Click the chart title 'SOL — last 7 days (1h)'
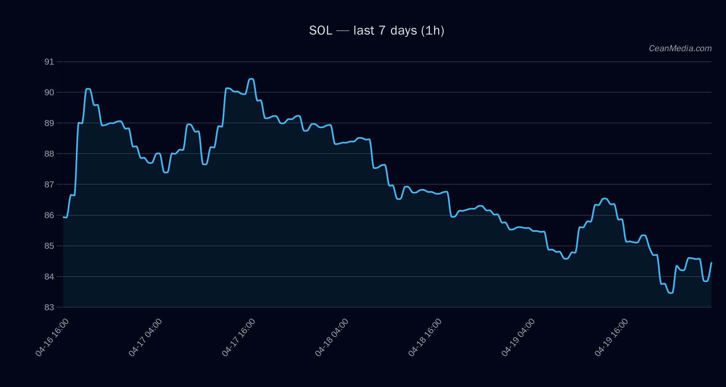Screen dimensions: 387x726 click(x=377, y=31)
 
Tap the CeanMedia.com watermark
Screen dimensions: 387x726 click(x=680, y=48)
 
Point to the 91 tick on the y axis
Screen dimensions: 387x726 click(x=49, y=62)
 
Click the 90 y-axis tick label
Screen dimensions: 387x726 click(x=49, y=92)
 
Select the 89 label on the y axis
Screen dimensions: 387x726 click(x=49, y=123)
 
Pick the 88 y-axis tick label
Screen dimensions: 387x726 click(x=49, y=154)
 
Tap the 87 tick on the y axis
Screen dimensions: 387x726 click(x=49, y=184)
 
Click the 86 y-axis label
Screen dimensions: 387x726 click(x=49, y=215)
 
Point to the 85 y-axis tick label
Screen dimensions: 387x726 click(x=49, y=246)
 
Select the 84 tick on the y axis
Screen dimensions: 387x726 click(x=49, y=277)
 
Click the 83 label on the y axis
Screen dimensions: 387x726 click(x=49, y=307)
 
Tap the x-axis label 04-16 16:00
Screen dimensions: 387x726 click(x=52, y=337)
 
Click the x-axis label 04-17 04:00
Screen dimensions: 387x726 click(x=145, y=337)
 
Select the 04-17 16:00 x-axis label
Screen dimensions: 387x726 click(x=238, y=337)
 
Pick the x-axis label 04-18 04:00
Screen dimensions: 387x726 click(x=332, y=337)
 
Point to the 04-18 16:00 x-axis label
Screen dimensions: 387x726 click(x=425, y=337)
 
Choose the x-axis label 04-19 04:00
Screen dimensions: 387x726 click(x=518, y=337)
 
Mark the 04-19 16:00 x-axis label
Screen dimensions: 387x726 click(x=611, y=337)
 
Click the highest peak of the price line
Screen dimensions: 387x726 click(x=251, y=79)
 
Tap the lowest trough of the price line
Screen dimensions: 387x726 click(x=670, y=293)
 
